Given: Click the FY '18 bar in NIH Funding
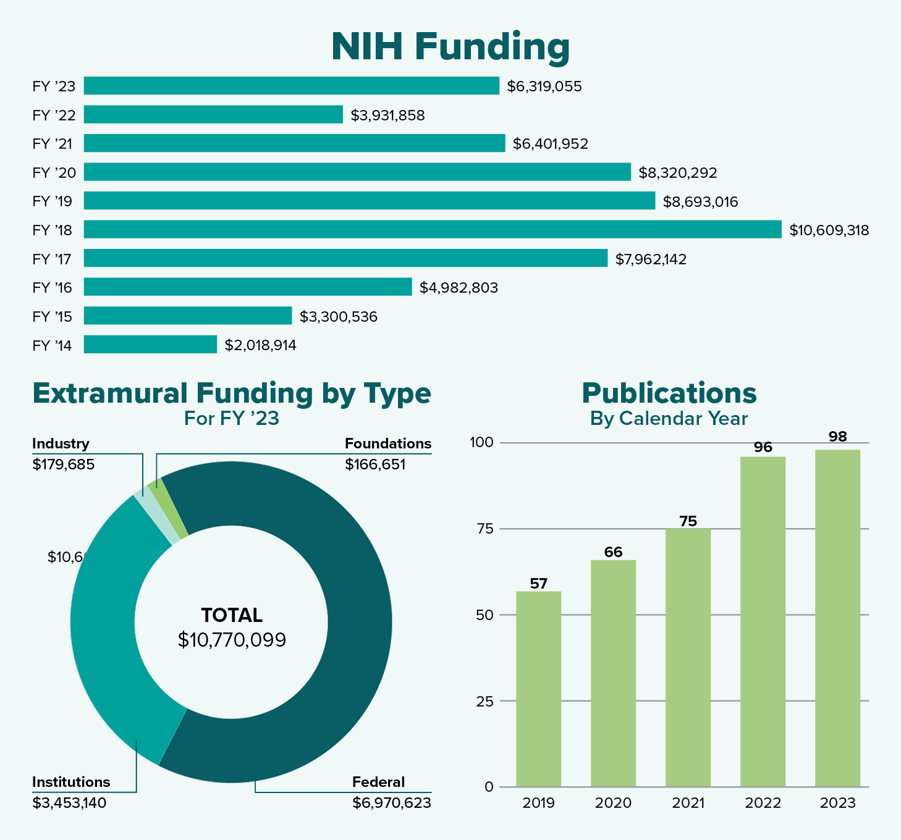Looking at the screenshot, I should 433,230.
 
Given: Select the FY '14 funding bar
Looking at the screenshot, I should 150,345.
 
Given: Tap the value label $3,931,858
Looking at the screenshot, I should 387,115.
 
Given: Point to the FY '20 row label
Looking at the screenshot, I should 54,172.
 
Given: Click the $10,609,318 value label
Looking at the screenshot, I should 829,231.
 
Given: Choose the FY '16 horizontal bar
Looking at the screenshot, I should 247,287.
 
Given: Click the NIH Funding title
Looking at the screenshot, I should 450,47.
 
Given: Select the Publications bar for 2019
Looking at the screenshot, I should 538,689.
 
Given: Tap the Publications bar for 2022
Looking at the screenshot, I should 763,621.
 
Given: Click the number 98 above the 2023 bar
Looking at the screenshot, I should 837,437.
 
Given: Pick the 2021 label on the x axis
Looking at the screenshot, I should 688,803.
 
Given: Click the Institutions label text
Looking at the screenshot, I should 71,782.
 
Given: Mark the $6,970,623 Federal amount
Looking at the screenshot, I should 392,803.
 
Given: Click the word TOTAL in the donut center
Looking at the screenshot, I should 232,615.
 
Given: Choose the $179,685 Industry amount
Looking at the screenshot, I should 64,464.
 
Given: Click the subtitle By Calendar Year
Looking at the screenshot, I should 669,419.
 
